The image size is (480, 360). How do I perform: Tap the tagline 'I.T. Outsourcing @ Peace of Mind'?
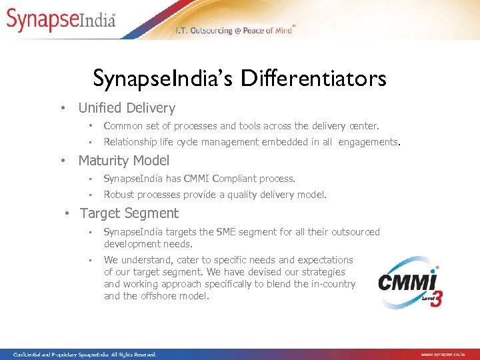[233, 31]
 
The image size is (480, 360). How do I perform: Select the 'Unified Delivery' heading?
[127, 108]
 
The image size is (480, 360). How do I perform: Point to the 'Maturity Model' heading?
[124, 161]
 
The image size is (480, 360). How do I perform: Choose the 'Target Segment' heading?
[129, 213]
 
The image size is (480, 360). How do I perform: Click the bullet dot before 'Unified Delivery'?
[62, 109]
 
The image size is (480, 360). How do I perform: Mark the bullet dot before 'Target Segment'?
[67, 214]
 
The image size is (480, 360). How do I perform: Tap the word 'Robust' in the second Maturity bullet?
[119, 195]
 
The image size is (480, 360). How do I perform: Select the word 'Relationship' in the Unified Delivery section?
[130, 142]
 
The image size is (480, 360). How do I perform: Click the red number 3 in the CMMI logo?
[436, 298]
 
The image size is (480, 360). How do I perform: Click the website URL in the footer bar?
[447, 355]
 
